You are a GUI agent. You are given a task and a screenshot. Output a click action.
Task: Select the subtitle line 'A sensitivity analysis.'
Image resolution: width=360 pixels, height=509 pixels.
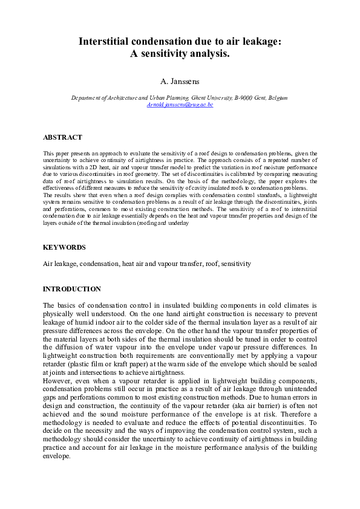tap(180, 54)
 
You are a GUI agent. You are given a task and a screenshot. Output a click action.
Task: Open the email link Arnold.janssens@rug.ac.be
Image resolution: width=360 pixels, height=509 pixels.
tap(180, 105)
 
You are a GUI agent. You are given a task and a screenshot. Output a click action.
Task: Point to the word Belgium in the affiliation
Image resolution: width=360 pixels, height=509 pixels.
tap(277, 97)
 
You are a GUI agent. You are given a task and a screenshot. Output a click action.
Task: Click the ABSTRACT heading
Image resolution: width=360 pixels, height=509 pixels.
tap(62, 138)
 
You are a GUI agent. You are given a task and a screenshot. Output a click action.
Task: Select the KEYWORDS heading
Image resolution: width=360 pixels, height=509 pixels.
tap(64, 247)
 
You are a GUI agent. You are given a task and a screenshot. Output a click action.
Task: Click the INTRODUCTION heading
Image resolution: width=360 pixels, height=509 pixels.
tap(72, 289)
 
